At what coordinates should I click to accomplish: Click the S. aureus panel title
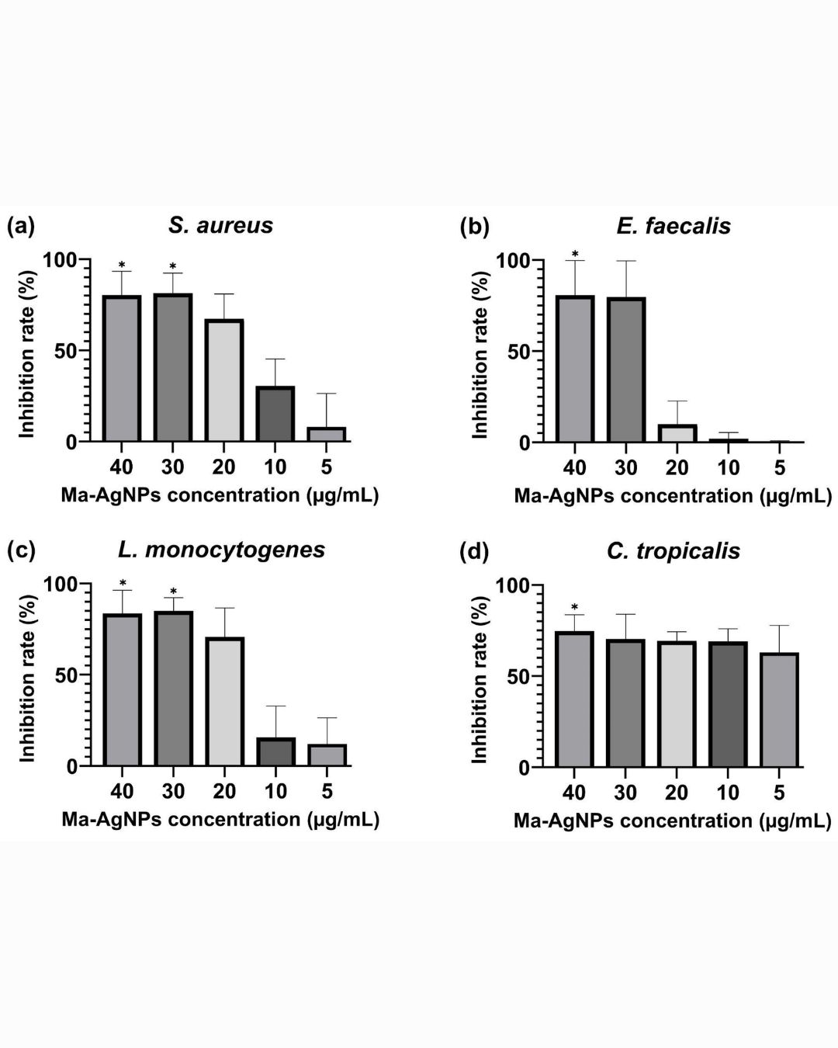point(220,225)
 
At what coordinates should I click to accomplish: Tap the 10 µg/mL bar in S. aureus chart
point(275,414)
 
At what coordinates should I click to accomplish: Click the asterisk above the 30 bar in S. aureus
point(172,266)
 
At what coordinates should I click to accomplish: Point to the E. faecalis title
point(674,226)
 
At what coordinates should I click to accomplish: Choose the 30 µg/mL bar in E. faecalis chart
point(625,370)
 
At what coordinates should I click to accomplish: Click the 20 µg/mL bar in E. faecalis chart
point(677,433)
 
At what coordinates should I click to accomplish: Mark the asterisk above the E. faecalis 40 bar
point(574,253)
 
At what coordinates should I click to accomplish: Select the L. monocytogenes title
point(222,550)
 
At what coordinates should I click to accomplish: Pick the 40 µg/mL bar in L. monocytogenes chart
point(123,689)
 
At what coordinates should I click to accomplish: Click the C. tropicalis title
point(673,551)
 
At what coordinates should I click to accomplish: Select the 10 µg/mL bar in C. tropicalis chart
point(728,704)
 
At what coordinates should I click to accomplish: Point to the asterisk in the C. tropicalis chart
point(574,607)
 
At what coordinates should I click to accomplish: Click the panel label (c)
point(21,550)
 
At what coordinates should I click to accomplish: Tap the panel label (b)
point(474,227)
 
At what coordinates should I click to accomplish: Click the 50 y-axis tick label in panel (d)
point(518,678)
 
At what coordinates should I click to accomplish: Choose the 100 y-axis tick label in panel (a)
point(60,259)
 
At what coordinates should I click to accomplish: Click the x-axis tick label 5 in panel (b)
point(780,468)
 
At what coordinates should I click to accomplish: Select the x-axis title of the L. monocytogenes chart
point(220,819)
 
